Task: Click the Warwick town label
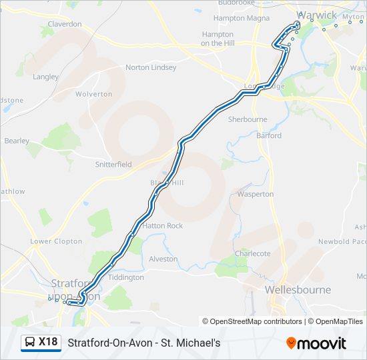317,15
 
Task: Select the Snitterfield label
113,164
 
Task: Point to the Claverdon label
65,24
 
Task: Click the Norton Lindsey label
147,67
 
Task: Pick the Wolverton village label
93,94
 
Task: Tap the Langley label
45,77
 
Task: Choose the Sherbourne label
248,119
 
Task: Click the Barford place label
269,135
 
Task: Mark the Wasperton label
256,194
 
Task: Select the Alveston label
163,259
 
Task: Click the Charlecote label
253,253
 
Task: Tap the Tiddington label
125,277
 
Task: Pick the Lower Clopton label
56,241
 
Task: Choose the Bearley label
17,141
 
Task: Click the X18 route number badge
48,342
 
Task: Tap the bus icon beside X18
30,343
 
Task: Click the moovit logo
316,343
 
